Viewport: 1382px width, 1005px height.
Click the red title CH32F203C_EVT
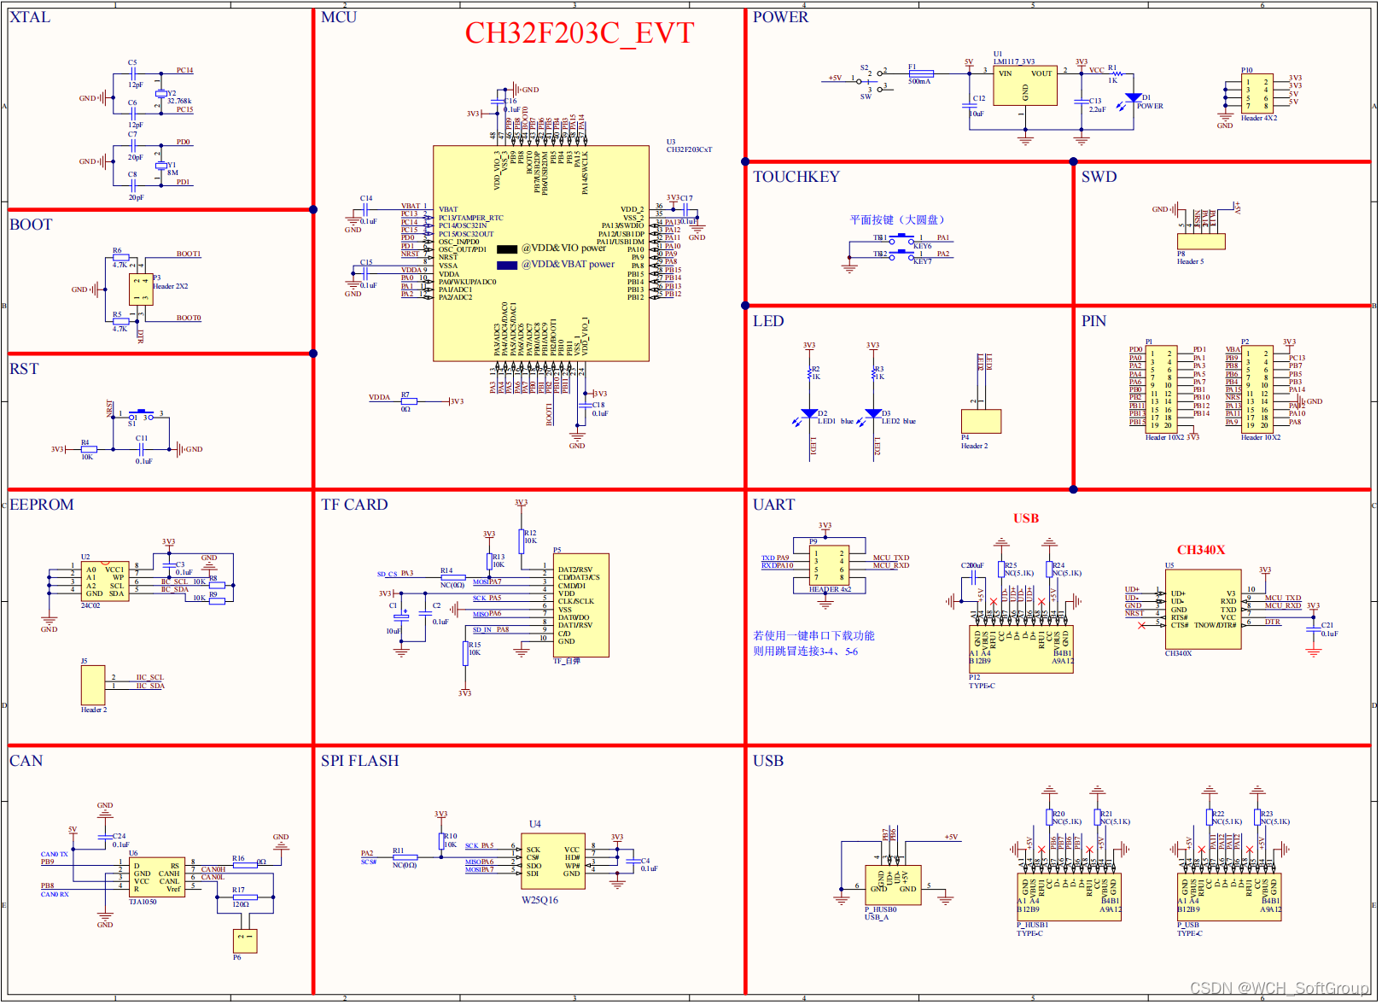pyautogui.click(x=579, y=33)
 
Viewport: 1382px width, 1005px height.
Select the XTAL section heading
pyautogui.click(x=30, y=17)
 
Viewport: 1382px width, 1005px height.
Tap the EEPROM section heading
pyautogui.click(x=42, y=505)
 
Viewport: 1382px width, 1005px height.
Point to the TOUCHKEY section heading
pyautogui.click(x=796, y=177)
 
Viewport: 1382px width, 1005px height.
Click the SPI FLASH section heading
pyautogui.click(x=359, y=761)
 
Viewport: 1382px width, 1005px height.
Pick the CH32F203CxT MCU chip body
pyautogui.click(x=540, y=253)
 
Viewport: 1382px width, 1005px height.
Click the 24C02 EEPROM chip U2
pyautogui.click(x=104, y=581)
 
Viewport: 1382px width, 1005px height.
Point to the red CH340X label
pyautogui.click(x=1200, y=550)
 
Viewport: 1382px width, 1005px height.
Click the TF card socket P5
pyautogui.click(x=580, y=605)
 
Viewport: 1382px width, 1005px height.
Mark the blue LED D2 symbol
pyautogui.click(x=809, y=414)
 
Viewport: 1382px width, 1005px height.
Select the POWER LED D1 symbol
pyautogui.click(x=1133, y=98)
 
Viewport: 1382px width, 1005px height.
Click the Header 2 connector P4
pyautogui.click(x=981, y=421)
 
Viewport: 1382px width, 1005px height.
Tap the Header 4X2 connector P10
pyautogui.click(x=1257, y=94)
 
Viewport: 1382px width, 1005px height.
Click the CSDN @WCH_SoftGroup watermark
pyautogui.click(x=1278, y=988)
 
